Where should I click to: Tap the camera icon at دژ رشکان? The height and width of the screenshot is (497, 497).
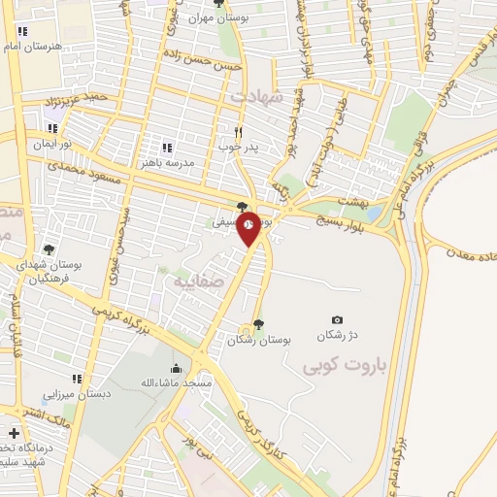point(337,320)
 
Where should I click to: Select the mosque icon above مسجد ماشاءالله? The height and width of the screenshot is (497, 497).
point(175,368)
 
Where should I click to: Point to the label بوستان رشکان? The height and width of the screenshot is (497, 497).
point(260,340)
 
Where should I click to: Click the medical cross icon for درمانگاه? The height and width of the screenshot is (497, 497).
point(14,433)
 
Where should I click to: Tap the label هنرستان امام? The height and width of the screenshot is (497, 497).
point(33,46)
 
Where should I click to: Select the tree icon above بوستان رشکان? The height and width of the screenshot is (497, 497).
point(257,324)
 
